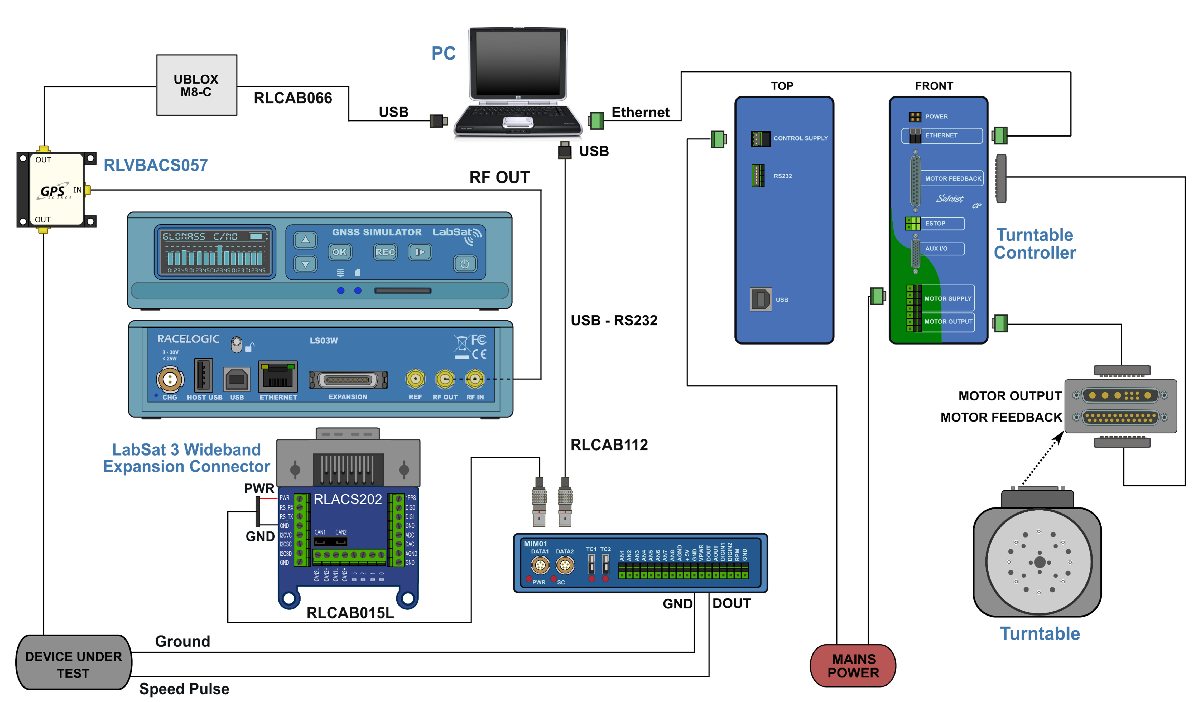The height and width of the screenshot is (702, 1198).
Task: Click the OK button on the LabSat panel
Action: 339,252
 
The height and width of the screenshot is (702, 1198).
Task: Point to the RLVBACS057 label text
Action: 156,165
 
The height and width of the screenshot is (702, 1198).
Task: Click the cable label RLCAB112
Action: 609,445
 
